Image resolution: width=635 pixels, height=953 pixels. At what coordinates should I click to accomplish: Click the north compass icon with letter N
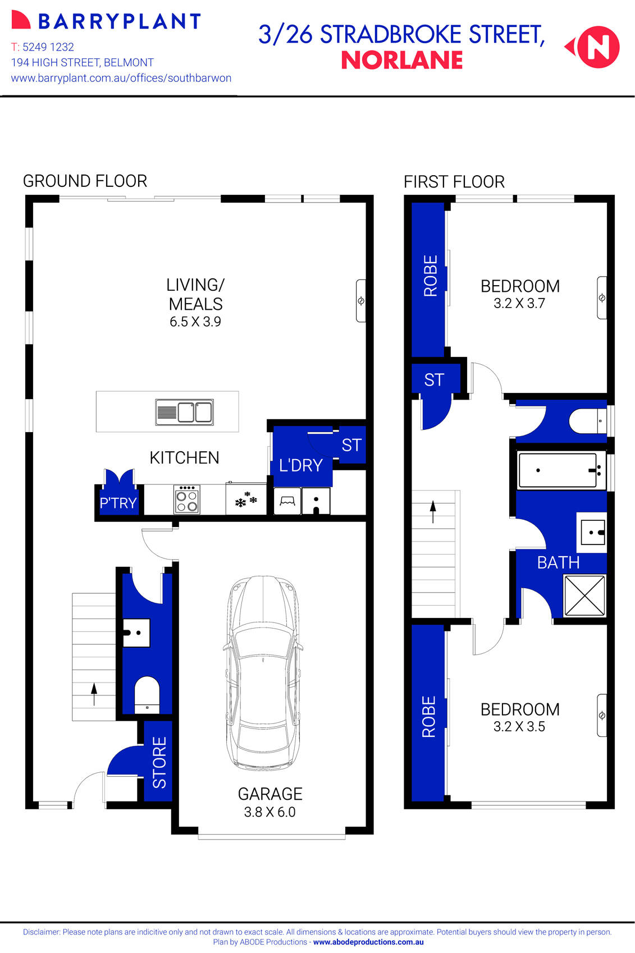click(598, 47)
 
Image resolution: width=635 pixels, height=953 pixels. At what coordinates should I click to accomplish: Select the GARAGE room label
click(270, 794)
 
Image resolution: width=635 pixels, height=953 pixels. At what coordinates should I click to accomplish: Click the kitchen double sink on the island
click(184, 412)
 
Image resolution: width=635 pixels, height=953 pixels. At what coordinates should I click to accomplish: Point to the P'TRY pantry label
click(118, 503)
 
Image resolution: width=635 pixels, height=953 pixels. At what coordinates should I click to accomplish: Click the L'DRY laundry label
click(301, 465)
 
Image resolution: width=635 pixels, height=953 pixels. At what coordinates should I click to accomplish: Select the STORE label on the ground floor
click(159, 762)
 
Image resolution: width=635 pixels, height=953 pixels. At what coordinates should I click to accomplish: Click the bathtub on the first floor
click(558, 470)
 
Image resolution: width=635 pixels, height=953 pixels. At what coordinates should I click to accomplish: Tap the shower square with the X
click(584, 595)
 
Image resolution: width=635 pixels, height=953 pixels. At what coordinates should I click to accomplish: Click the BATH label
click(558, 562)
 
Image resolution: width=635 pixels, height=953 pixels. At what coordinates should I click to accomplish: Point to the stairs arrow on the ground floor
click(94, 694)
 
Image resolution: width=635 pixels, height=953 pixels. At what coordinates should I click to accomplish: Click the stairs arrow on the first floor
click(433, 511)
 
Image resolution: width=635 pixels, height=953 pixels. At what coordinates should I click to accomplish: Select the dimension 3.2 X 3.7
click(519, 304)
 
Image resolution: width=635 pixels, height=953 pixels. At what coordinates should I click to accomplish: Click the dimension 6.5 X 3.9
click(195, 322)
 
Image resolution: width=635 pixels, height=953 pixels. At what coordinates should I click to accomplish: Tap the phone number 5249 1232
click(48, 47)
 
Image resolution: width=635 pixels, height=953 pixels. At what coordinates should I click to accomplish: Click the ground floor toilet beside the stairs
click(147, 695)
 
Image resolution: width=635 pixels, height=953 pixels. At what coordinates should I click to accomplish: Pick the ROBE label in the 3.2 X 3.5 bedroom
click(429, 716)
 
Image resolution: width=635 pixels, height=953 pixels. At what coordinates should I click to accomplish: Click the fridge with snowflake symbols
click(246, 499)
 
